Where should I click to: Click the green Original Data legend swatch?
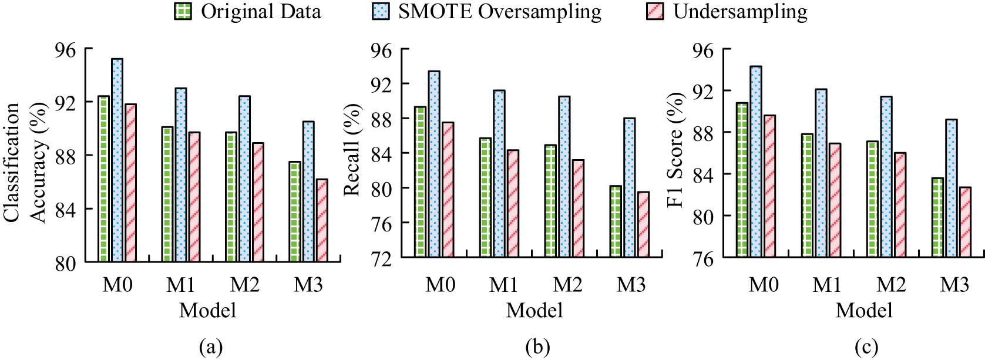[x=183, y=11]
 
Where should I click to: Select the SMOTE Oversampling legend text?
[x=499, y=11]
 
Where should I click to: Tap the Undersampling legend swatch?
[x=655, y=11]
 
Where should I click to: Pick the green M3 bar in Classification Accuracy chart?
[x=295, y=211]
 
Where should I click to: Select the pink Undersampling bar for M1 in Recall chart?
[x=513, y=203]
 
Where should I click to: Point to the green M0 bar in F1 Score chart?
[x=742, y=179]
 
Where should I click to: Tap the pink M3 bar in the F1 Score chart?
[x=965, y=221]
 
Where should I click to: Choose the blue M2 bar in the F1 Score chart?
[x=886, y=176]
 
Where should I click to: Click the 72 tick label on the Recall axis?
[x=381, y=258]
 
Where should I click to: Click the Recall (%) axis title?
[x=352, y=150]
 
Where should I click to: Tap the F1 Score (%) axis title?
[x=675, y=150]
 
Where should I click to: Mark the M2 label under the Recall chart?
[x=567, y=285]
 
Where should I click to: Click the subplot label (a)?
[x=211, y=347]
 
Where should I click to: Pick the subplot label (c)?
[x=866, y=347]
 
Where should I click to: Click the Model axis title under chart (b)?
[x=534, y=310]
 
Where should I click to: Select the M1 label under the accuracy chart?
[x=180, y=285]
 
